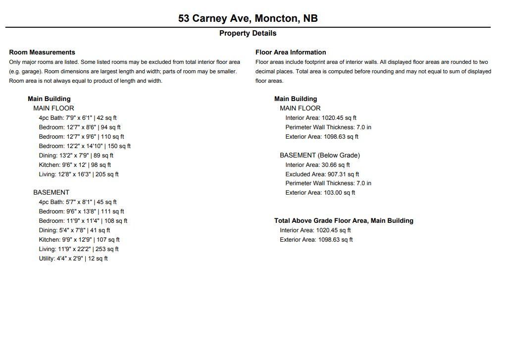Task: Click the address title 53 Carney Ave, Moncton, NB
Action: click(x=248, y=19)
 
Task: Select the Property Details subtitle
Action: click(x=248, y=34)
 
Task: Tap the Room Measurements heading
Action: click(x=42, y=52)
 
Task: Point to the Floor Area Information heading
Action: click(x=291, y=52)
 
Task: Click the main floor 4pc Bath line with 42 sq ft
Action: click(x=78, y=118)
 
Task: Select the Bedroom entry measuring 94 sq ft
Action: click(x=80, y=127)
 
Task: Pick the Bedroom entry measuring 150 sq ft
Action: click(x=85, y=146)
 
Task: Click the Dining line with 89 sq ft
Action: click(x=76, y=155)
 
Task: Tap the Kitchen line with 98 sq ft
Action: click(x=75, y=165)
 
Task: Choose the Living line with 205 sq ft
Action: click(x=79, y=174)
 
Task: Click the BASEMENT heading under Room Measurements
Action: click(x=51, y=193)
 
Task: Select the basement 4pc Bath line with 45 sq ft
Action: click(x=78, y=202)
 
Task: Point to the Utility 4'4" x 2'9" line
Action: click(x=73, y=258)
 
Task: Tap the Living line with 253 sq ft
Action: click(x=79, y=249)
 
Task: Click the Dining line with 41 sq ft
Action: click(x=74, y=230)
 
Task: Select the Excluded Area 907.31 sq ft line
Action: click(x=322, y=174)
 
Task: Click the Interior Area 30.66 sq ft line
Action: click(x=317, y=165)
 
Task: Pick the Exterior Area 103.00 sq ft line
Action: click(x=320, y=193)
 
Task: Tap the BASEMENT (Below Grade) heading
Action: click(x=320, y=155)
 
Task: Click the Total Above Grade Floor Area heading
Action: click(x=344, y=221)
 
